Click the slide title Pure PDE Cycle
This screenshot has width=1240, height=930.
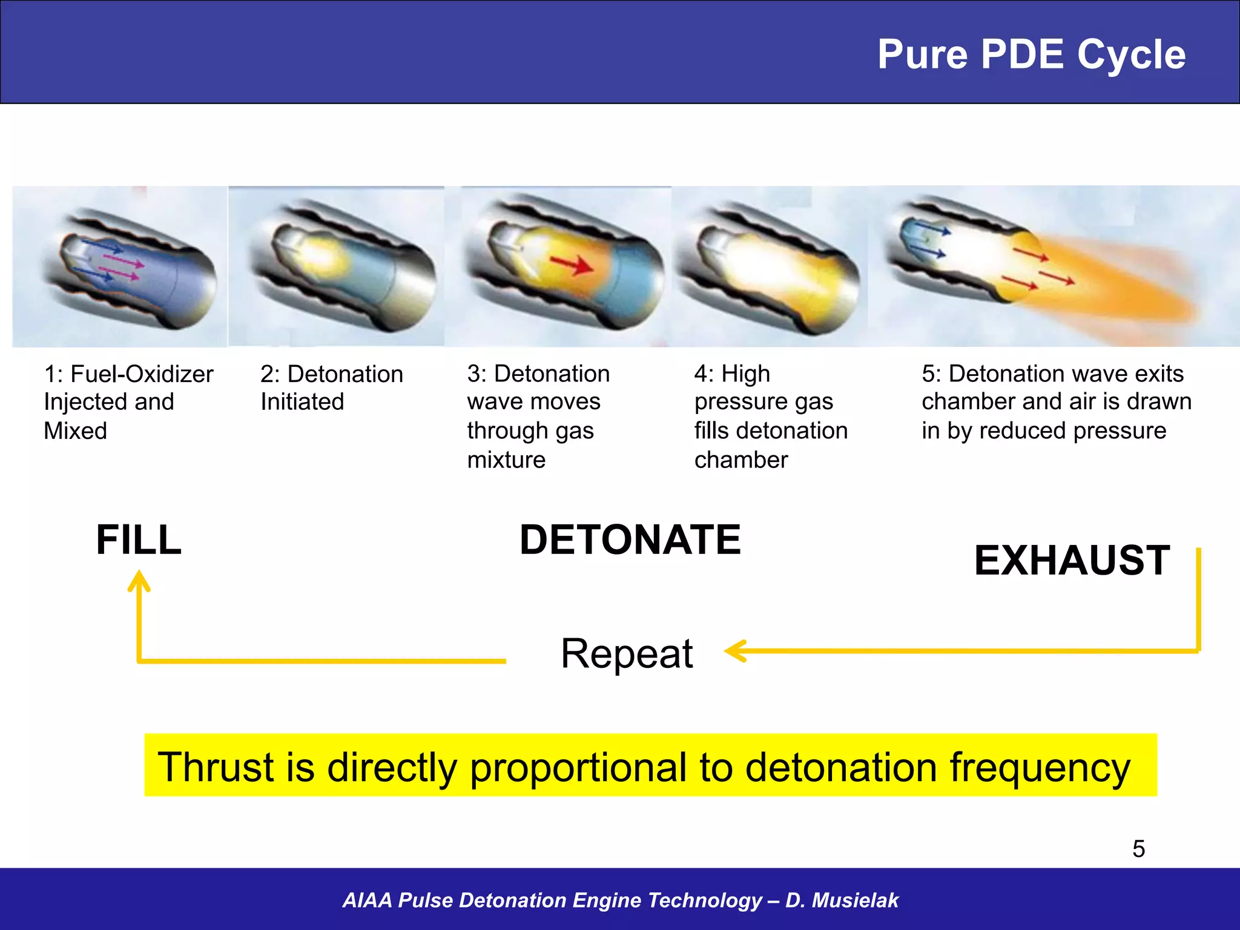1031,55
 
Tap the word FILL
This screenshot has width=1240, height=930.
139,540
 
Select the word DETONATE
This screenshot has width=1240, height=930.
630,540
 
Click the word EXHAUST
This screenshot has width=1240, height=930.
1072,561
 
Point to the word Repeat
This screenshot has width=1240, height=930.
627,654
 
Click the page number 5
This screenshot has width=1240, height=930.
1138,849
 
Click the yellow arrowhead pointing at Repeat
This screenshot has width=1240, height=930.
735,651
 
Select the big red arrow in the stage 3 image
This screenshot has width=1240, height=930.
572,264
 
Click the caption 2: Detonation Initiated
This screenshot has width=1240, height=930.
331,387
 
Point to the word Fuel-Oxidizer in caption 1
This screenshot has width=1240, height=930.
142,374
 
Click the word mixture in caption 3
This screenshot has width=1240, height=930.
506,460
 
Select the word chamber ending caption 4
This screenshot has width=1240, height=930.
740,460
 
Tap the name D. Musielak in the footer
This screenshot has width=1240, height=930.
842,900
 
